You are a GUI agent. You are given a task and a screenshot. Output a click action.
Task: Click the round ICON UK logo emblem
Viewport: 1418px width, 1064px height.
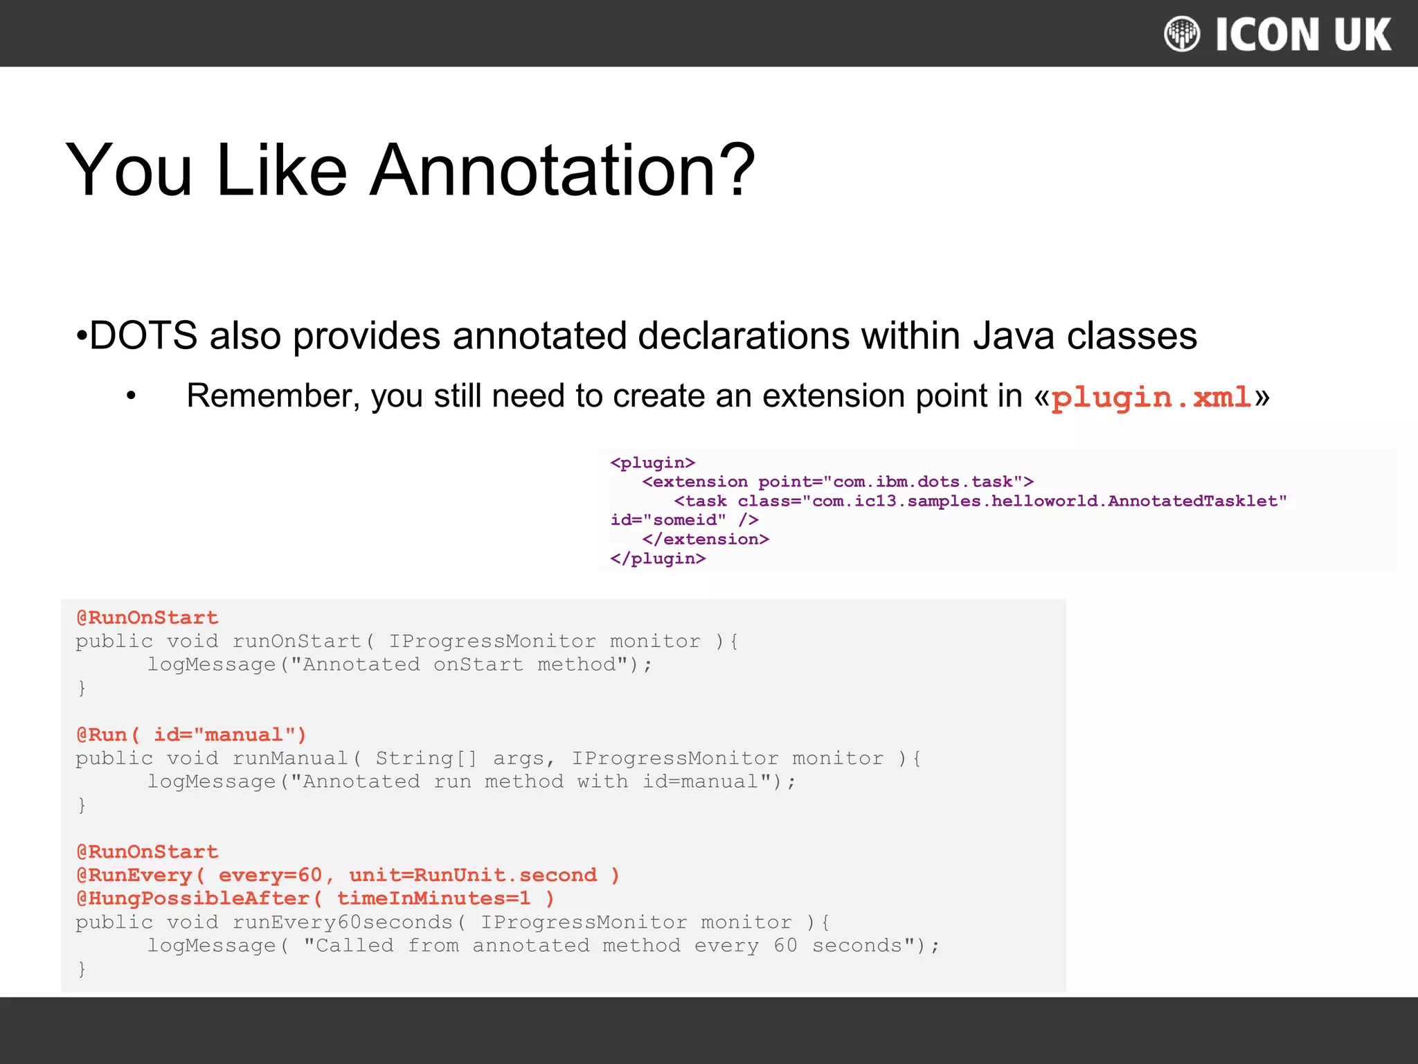[1182, 34]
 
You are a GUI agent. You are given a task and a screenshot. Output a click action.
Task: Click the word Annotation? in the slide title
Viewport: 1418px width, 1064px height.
[562, 170]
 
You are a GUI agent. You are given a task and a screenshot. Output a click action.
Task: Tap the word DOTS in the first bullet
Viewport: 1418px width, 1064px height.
[144, 336]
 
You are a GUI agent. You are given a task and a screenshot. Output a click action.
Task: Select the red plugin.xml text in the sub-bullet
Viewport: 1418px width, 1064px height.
[1151, 398]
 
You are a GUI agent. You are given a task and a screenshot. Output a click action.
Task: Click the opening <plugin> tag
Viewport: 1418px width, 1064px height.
[652, 463]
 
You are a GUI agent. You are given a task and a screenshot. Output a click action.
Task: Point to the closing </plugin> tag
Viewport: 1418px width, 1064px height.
[658, 558]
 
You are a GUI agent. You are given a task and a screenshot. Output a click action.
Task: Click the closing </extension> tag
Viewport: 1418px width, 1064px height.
[706, 539]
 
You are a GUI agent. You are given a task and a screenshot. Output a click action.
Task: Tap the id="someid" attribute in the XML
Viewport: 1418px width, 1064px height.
[668, 520]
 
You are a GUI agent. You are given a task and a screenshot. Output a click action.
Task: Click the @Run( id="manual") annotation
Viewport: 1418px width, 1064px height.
[191, 734]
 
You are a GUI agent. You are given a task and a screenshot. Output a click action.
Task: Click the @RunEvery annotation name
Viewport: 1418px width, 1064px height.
[134, 875]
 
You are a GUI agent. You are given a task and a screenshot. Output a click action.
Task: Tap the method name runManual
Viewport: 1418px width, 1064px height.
[290, 758]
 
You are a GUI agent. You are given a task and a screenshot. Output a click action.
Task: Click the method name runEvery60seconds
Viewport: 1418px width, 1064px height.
[342, 922]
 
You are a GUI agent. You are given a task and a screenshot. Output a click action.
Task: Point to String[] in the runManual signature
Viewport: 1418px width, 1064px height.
[427, 758]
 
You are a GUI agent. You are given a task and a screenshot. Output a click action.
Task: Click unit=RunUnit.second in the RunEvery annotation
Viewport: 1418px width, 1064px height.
[473, 875]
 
